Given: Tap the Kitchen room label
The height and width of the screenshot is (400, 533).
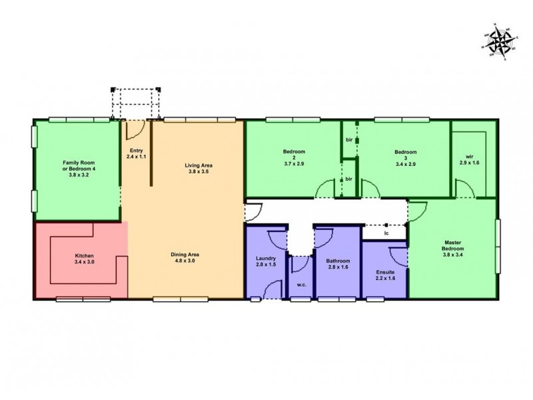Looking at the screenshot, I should (x=85, y=257).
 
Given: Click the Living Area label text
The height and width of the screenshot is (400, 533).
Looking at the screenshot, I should (x=198, y=165).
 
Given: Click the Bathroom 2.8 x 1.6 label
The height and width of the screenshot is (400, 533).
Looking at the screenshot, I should (x=338, y=265).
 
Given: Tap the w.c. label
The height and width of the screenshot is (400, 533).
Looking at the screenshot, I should (x=300, y=285).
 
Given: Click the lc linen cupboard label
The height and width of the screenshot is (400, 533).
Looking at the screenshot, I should (x=386, y=233).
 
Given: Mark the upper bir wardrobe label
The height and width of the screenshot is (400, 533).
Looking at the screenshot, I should (x=348, y=139).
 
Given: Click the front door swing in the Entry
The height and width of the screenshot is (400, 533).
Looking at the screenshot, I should (x=133, y=127).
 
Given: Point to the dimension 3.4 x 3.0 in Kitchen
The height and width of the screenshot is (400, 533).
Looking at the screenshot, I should (x=85, y=263).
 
